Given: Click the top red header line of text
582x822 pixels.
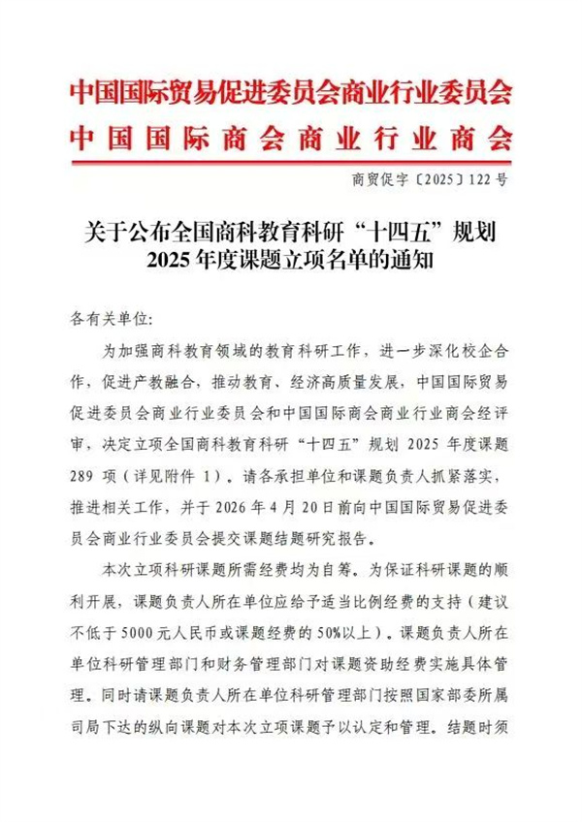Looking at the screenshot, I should click(291, 94).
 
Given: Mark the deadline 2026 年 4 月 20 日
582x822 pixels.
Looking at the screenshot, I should click(312, 506).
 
